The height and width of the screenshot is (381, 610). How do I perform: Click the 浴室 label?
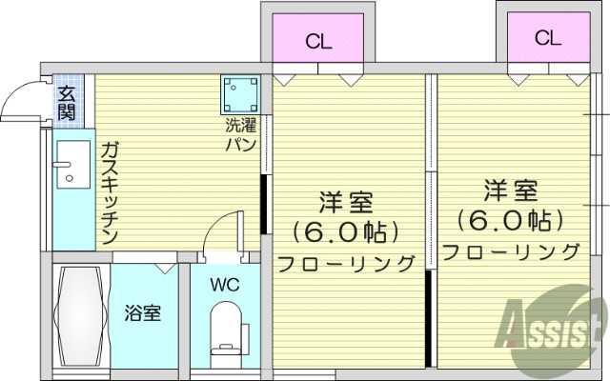143,312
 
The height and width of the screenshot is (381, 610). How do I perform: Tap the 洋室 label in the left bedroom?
345,203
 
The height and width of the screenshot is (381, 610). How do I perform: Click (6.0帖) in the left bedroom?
344,231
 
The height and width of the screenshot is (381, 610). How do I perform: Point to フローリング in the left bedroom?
346,262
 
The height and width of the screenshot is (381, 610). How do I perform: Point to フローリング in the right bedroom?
511,251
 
